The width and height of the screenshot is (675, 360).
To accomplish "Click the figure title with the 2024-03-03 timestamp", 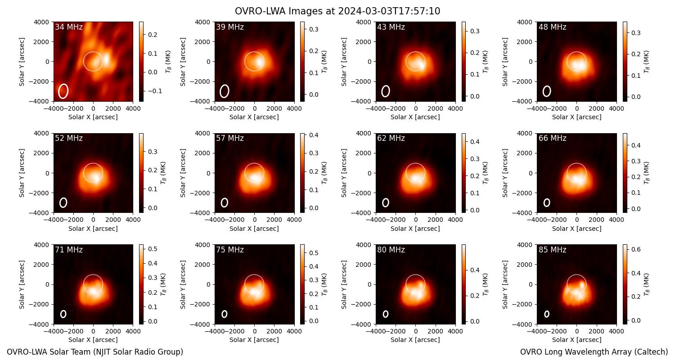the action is pyautogui.click(x=337, y=11).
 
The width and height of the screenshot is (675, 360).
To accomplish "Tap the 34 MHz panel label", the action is pyautogui.click(x=69, y=27).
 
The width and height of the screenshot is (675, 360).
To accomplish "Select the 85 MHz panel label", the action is pyautogui.click(x=552, y=250).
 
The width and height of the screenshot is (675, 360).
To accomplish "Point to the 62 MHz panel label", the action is pyautogui.click(x=391, y=138).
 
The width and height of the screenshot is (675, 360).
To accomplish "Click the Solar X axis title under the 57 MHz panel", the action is pyautogui.click(x=254, y=228).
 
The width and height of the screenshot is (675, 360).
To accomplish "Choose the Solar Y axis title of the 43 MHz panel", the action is pyautogui.click(x=344, y=62).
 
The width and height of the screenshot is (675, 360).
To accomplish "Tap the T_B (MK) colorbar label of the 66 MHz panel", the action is pyautogui.click(x=646, y=173).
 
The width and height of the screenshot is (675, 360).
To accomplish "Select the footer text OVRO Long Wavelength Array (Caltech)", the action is pyautogui.click(x=594, y=352).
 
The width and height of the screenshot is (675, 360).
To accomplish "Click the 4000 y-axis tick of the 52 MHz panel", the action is pyautogui.click(x=43, y=134).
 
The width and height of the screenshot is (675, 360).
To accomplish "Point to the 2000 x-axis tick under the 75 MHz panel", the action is pyautogui.click(x=274, y=331).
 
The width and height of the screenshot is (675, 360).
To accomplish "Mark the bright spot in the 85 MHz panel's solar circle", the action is pyautogui.click(x=582, y=284).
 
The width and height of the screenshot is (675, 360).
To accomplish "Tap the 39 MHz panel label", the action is pyautogui.click(x=230, y=27).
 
